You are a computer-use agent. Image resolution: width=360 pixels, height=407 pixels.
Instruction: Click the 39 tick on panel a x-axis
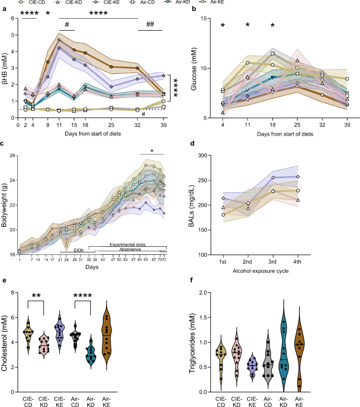[x=164, y=124]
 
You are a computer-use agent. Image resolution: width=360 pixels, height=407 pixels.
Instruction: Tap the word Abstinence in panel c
[x=126, y=250]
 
